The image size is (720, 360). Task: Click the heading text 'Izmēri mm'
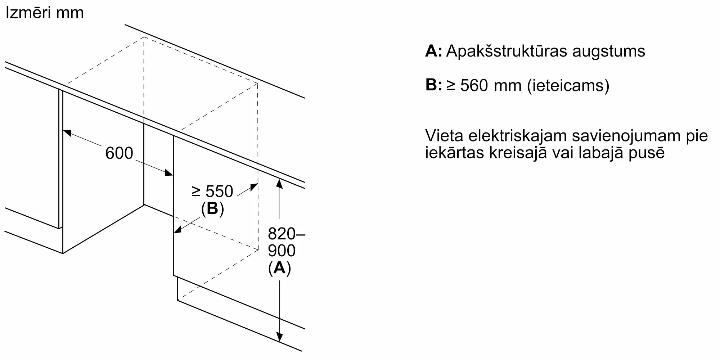click(x=45, y=13)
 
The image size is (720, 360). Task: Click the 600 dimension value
click(x=119, y=153)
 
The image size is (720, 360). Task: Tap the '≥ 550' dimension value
click(x=213, y=191)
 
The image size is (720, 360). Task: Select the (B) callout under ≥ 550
click(x=212, y=209)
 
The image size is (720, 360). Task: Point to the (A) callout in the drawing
click(x=280, y=268)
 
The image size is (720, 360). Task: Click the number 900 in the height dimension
click(x=282, y=251)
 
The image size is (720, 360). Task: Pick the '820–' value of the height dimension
click(x=287, y=234)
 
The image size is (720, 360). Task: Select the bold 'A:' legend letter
click(x=433, y=51)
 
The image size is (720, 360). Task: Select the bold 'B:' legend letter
click(x=433, y=85)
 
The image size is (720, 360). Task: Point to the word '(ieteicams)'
click(x=568, y=86)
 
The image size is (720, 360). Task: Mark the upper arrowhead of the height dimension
click(x=279, y=184)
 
